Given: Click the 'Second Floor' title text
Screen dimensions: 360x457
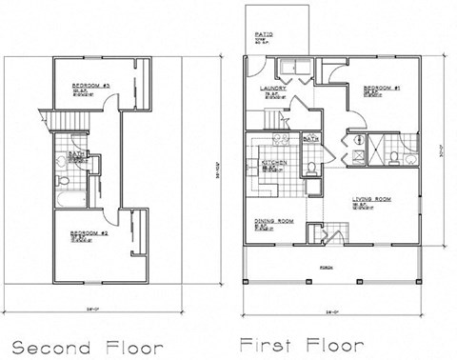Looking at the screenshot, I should (87, 346).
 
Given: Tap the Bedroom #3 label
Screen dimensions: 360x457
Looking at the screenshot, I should (93, 86).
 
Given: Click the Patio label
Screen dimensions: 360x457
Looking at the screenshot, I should (265, 36).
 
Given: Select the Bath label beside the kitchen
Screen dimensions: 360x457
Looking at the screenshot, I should (309, 139).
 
